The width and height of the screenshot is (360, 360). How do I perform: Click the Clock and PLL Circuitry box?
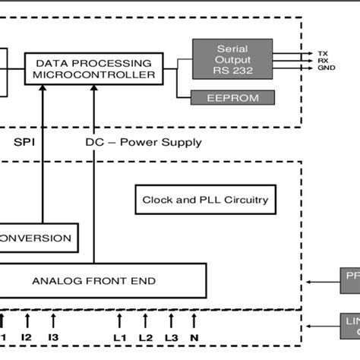205,201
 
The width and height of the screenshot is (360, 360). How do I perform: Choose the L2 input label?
147,336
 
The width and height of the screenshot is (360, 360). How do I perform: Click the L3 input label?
172,336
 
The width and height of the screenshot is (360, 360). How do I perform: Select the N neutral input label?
195,336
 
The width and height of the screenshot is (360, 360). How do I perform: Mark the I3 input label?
53,336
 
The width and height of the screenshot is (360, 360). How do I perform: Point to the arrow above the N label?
195,319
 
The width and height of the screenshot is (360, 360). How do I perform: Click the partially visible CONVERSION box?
38,238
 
